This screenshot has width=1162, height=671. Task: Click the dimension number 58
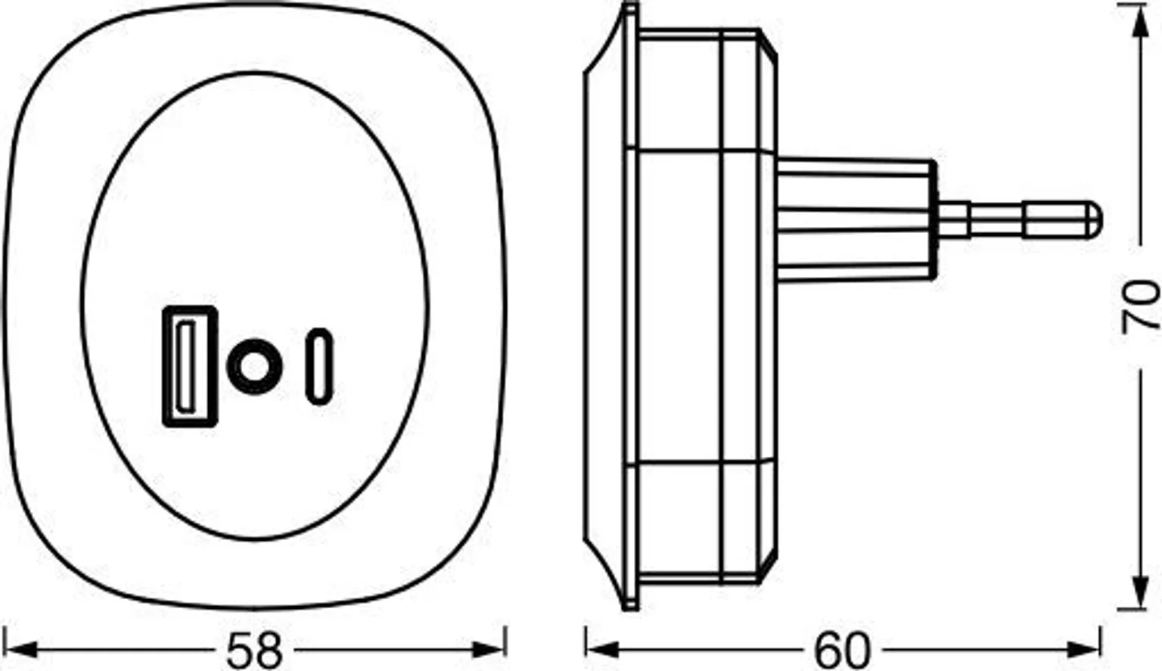click(255, 650)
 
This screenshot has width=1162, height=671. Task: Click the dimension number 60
click(841, 650)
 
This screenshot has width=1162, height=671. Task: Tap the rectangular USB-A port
click(190, 367)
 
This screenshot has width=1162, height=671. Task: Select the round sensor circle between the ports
click(255, 367)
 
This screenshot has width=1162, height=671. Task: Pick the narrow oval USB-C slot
click(319, 367)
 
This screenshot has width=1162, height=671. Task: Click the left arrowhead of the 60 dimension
click(602, 649)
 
